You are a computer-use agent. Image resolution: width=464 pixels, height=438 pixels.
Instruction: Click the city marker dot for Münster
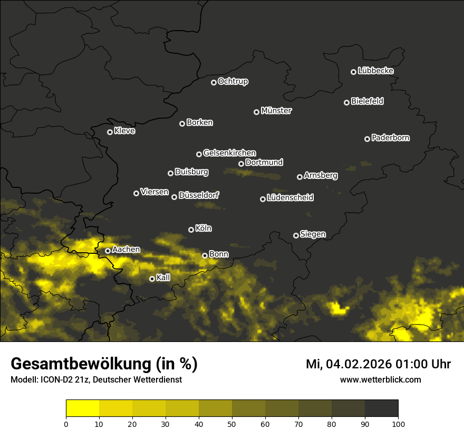[257, 112]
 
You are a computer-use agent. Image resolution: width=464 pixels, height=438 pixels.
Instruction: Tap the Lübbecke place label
[375, 71]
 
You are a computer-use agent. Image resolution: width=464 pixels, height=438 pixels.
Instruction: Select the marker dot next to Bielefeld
[347, 102]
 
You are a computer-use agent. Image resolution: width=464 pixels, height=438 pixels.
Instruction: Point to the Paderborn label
[391, 138]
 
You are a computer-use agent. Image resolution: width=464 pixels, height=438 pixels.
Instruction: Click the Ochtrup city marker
[214, 82]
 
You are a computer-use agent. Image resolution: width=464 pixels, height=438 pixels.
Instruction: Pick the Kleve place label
[124, 131]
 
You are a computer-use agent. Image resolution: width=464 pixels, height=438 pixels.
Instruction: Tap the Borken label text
[199, 122]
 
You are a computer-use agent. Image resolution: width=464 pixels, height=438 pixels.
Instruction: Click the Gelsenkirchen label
[229, 153]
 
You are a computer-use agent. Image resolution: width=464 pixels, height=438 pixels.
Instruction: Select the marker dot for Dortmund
[241, 164]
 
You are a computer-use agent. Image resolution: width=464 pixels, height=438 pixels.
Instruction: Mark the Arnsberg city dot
[299, 177]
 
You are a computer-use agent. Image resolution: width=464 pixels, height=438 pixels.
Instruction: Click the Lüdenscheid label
[290, 198]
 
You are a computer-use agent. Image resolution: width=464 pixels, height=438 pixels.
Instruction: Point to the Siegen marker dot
[296, 235]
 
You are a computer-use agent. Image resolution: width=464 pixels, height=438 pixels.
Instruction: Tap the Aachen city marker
[108, 251]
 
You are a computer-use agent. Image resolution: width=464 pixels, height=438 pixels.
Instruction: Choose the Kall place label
[163, 278]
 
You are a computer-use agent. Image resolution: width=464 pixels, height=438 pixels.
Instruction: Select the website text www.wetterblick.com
[380, 380]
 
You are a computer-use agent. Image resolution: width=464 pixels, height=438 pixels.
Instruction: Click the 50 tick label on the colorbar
[232, 423]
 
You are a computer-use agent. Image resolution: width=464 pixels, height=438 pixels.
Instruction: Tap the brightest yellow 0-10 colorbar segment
[82, 408]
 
